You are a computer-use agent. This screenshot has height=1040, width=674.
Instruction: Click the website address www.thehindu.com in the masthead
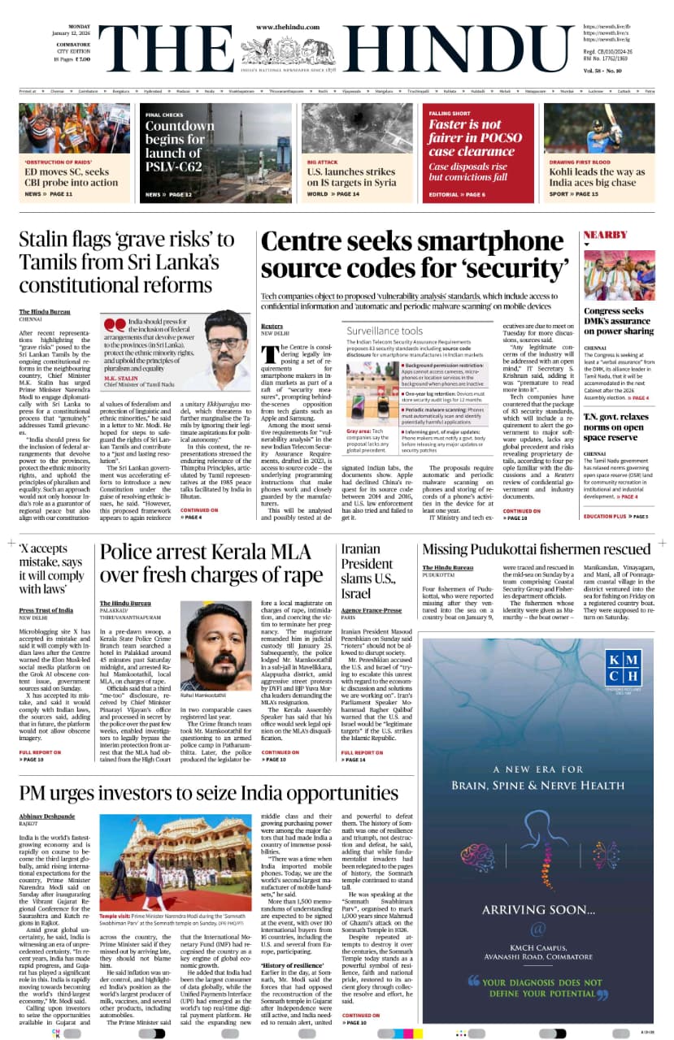point(286,27)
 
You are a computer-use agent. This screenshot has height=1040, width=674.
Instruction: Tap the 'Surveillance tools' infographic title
point(385,331)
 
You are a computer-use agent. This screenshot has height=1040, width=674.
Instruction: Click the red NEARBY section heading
point(606,235)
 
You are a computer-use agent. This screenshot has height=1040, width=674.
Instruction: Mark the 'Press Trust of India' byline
point(46,610)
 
